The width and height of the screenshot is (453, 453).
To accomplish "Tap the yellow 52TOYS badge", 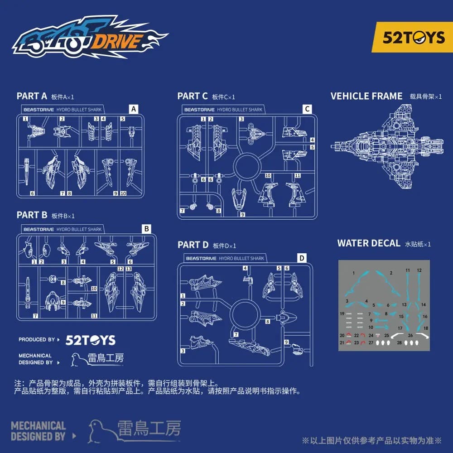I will coord(413,37).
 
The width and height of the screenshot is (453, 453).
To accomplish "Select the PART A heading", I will coord(32,96).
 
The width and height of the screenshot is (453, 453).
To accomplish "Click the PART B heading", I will coord(32,215).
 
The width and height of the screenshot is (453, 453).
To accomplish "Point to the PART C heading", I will coord(193,96).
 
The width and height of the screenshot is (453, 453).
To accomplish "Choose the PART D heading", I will coord(193,245).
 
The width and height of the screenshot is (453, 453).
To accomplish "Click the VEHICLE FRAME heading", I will coord(366,96).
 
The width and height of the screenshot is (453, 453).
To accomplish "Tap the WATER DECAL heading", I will coord(369,243).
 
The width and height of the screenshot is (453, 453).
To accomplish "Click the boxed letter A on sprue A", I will coord(133,109).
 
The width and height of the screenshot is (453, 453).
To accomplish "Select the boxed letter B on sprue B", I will coord(146,229).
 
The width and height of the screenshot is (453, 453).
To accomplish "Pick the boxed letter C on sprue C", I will coord(307,109).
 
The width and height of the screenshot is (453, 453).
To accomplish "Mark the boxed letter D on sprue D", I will coord(302,258).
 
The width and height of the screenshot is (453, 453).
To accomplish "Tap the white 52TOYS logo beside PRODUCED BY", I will coord(91,340).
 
